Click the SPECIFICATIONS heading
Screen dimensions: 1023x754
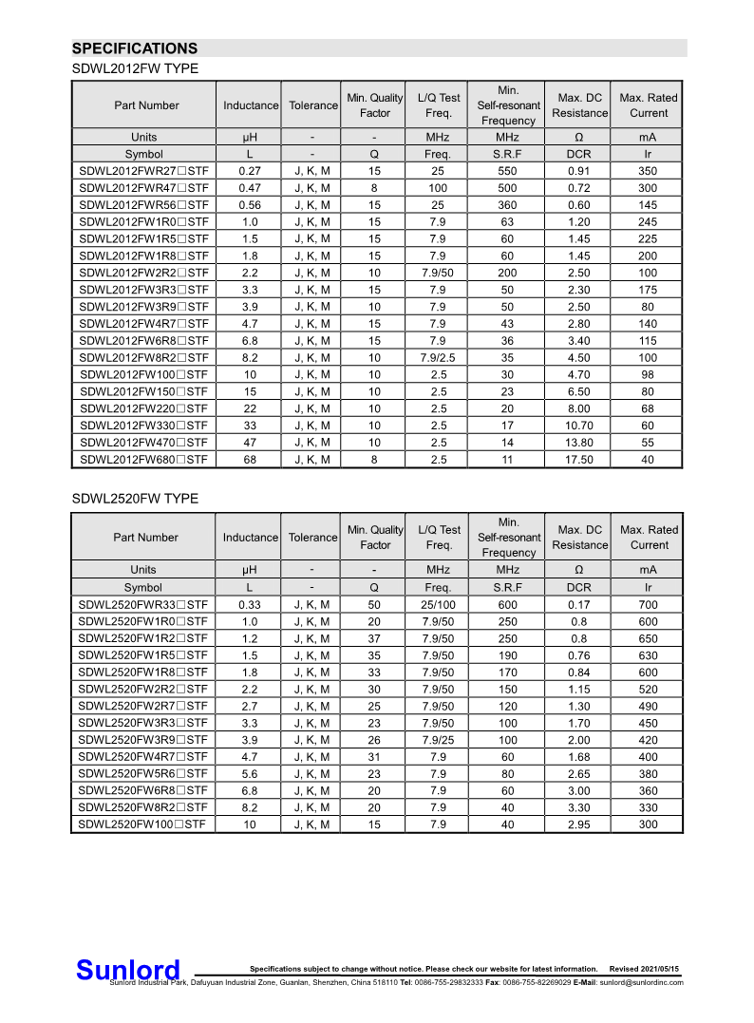pos(135,48)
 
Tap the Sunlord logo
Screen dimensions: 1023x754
pos(127,970)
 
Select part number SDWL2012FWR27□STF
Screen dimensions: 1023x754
pos(144,171)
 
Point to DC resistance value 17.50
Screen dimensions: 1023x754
pos(579,460)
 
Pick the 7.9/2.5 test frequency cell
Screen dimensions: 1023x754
pos(438,358)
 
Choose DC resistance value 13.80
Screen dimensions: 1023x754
pos(579,443)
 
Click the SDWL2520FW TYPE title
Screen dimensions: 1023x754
pos(135,499)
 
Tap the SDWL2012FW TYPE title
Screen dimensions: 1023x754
pos(135,69)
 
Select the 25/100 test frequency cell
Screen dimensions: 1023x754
pos(438,605)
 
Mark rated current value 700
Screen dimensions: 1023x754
pos(648,605)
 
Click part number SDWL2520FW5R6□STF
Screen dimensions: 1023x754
pos(142,774)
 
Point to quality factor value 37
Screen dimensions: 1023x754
pos(374,639)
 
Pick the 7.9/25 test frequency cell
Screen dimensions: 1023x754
pos(438,740)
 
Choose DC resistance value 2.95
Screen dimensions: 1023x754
pos(578,824)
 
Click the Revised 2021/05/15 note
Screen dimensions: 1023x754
pos(645,969)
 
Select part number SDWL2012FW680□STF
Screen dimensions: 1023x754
pos(144,460)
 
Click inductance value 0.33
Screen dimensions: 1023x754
pos(250,605)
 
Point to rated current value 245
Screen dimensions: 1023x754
pos(648,222)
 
